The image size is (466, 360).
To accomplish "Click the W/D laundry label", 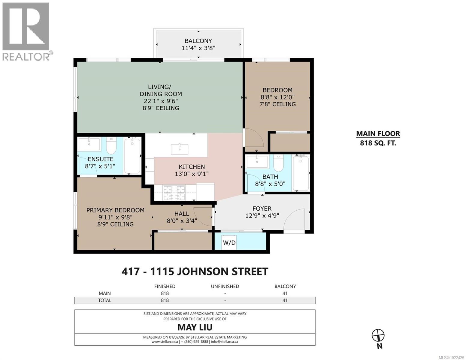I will point(229,243).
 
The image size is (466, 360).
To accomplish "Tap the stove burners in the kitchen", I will point(174,193).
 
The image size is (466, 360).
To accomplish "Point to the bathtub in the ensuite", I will point(132,156).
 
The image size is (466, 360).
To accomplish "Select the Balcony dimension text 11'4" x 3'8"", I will point(198,48).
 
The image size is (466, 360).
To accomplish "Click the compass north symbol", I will point(378,335).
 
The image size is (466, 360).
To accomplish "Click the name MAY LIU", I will point(195,327).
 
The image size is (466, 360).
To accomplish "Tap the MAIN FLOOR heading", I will point(378,134).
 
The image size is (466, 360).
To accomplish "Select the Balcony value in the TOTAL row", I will point(285,300).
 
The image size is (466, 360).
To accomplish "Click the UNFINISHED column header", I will point(225,286).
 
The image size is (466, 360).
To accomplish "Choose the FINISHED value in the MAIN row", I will point(165,293).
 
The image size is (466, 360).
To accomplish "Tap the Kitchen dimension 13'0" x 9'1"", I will point(192,174).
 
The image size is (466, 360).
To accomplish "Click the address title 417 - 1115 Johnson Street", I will point(195,271).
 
